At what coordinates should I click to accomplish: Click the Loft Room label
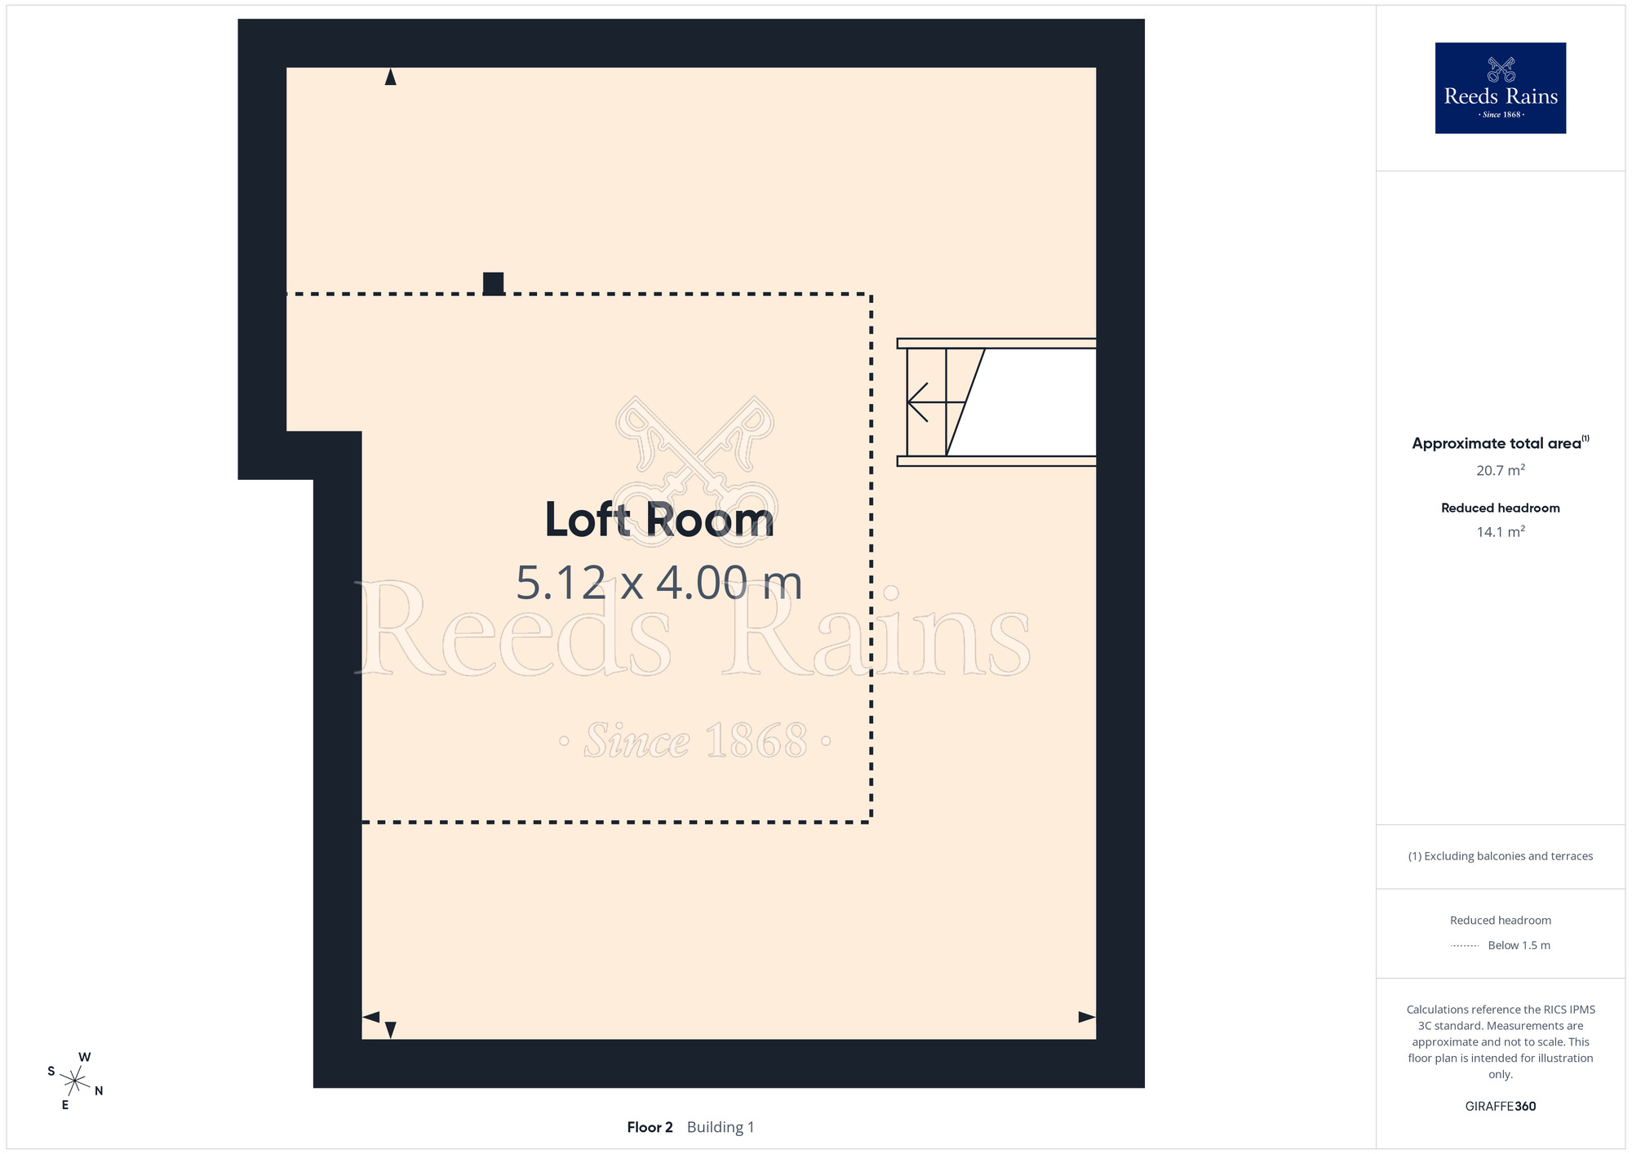659,519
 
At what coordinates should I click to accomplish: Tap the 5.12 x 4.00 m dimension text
659,583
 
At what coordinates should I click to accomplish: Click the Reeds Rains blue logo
1501,88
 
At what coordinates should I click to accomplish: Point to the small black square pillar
494,283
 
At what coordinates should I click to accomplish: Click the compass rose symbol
74,1081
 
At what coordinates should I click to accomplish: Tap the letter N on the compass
99,1091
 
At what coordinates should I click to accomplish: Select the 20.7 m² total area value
1501,470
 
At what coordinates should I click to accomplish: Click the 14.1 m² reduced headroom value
1501,531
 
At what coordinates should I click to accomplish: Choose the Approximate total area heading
1501,443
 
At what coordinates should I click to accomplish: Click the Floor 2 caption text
650,1127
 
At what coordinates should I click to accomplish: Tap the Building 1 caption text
721,1127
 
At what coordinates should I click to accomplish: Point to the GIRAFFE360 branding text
1501,1107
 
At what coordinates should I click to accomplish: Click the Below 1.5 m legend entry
1519,945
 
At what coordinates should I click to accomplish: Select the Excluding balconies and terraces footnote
1501,856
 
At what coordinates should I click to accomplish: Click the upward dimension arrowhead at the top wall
391,77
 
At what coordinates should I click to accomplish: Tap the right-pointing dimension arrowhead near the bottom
1087,1017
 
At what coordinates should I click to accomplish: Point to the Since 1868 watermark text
695,740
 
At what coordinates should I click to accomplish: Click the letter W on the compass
84,1057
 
